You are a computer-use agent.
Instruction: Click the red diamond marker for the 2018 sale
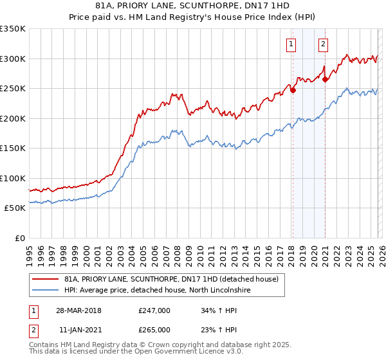[x=293, y=90]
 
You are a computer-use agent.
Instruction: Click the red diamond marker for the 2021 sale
[x=325, y=80]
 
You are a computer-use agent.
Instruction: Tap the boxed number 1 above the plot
[x=291, y=44]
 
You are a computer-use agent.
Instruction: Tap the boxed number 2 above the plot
[x=323, y=44]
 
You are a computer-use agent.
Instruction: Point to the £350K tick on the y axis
[x=13, y=29]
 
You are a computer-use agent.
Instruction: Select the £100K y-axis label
[x=13, y=178]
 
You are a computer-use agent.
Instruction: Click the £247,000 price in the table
[x=154, y=310]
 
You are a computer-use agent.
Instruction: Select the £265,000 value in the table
[x=154, y=329]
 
